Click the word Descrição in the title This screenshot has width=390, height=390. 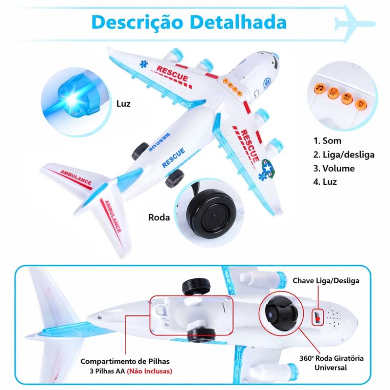pos(137,23)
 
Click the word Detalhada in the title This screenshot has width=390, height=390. pos(238,22)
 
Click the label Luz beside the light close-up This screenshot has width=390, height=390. pos(123,103)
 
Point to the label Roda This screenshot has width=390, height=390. pos(159,217)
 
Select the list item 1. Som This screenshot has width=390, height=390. pos(327,141)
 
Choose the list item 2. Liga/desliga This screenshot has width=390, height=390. pos(344,155)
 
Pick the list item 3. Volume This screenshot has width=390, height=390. pos(334,168)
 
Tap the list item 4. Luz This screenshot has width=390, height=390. pos(325,182)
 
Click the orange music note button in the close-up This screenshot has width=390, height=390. pos(320,88)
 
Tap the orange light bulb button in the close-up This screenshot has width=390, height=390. pos(361,104)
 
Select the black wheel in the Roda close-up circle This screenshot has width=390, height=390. pos(212,214)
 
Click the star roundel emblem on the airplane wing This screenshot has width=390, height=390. pos(268,167)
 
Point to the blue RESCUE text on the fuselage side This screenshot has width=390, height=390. pos(174,157)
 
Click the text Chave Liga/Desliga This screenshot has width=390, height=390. pos(326,281)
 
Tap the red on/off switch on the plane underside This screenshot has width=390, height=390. pos(317,318)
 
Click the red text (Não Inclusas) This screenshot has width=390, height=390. pos(149,371)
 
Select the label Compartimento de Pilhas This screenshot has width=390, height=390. pos(125,361)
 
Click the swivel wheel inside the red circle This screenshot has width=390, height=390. pos(281,314)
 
